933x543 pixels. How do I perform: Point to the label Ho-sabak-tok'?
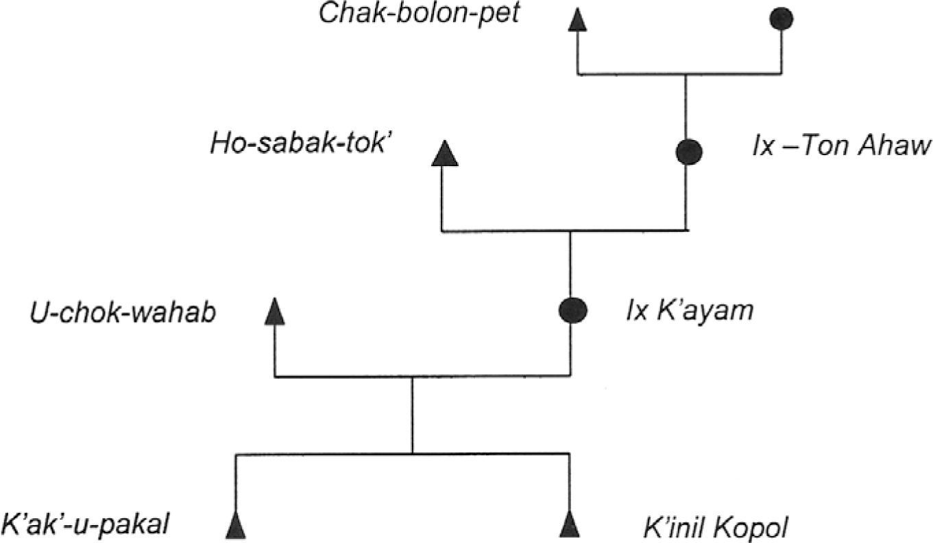pyautogui.click(x=302, y=146)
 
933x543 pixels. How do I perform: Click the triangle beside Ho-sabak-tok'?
pyautogui.click(x=444, y=154)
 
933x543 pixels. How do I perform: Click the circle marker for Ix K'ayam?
pyautogui.click(x=572, y=311)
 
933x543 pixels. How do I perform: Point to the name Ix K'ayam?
pyautogui.click(x=689, y=311)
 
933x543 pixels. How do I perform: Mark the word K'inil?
pyautogui.click(x=672, y=528)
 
